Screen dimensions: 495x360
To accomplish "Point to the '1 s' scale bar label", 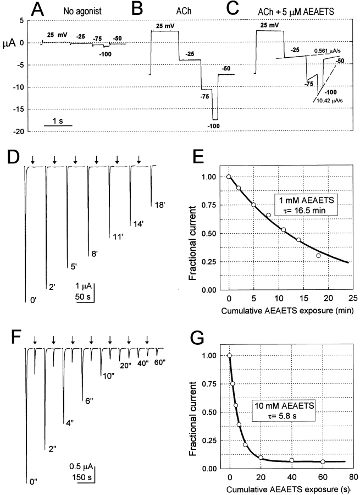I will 57,117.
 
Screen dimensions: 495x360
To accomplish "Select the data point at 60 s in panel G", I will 323,461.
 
